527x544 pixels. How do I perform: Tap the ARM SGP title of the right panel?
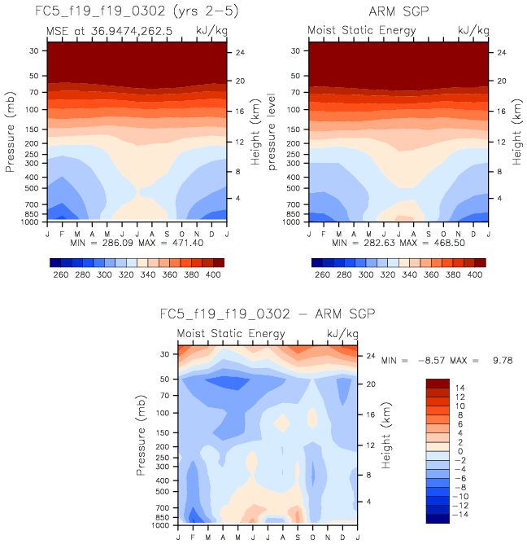click(399, 11)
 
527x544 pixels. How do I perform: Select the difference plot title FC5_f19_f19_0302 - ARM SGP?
click(267, 314)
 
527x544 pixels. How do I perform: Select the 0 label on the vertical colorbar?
click(459, 451)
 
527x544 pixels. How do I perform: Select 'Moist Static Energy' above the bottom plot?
click(232, 334)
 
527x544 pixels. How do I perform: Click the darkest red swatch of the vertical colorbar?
click(439, 383)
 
